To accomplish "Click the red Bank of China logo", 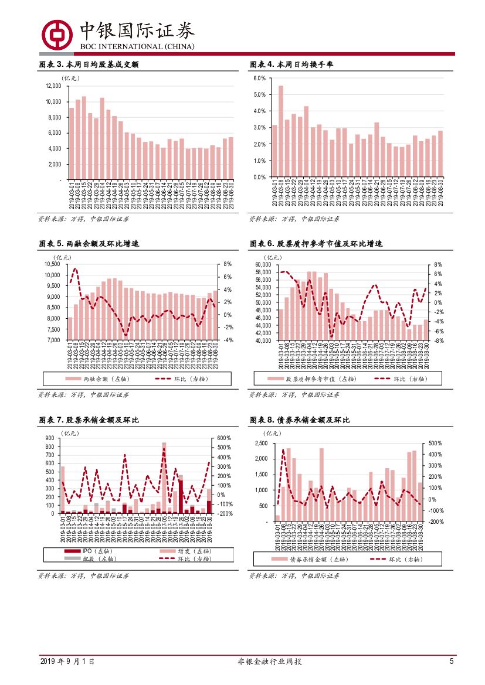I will coord(56,35).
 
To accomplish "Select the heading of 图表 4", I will coord(296,64).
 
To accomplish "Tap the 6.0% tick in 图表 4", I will coord(260,78).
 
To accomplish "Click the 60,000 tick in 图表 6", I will coord(262,264).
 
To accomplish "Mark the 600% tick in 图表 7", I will coord(225,438).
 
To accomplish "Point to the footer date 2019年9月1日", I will coord(67,662).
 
